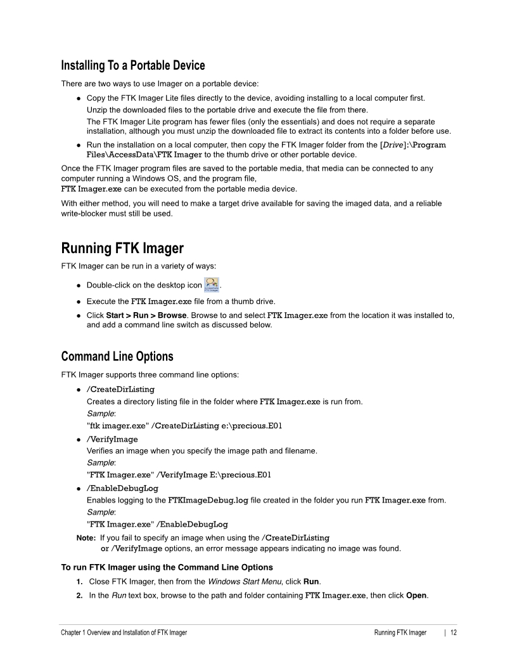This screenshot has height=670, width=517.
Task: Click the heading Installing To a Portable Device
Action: pos(133,65)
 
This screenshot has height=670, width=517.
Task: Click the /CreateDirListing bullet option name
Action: pos(120,389)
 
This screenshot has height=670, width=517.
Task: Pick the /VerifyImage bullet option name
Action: pos(112,439)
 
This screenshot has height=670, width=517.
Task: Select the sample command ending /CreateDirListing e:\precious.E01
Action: pos(184,426)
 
